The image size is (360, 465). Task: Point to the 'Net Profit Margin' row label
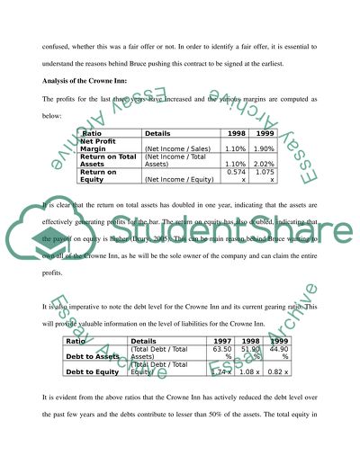pyautogui.click(x=101, y=145)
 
